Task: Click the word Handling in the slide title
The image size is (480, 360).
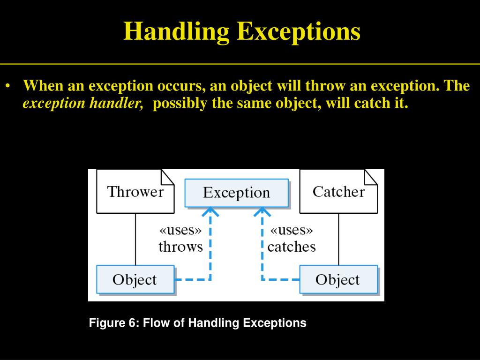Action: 177,32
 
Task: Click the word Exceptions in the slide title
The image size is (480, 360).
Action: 299,32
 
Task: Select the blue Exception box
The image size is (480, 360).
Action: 237,193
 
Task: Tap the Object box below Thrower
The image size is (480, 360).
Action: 135,280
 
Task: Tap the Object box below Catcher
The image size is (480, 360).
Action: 338,280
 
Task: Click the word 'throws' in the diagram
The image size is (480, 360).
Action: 180,247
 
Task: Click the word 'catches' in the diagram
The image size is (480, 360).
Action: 292,247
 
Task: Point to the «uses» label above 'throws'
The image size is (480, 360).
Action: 180,231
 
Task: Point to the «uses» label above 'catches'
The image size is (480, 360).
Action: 292,231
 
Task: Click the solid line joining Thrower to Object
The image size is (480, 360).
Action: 135,239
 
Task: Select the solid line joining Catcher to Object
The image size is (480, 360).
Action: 338,239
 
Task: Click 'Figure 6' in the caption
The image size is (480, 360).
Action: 112,323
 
